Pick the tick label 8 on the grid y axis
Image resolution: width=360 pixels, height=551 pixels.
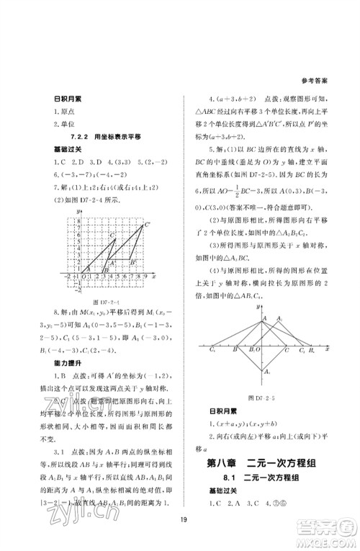pos(76,219)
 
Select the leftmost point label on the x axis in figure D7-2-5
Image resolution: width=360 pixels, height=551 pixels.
pos(212,350)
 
